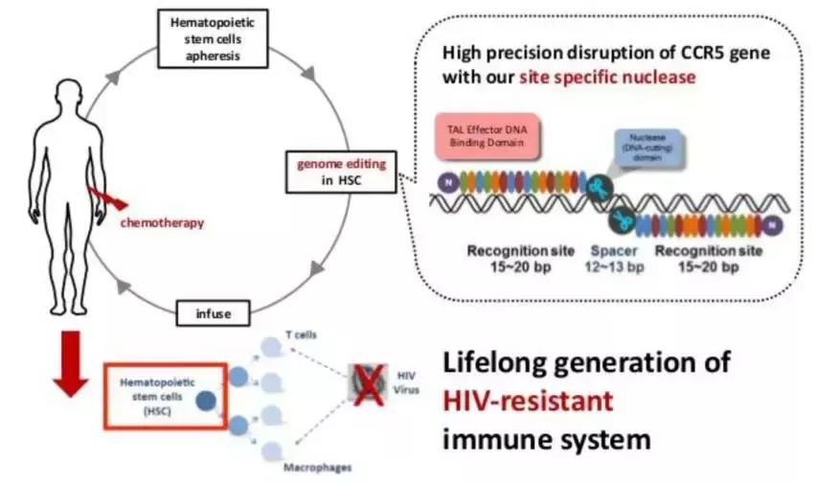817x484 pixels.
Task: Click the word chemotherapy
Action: (161, 222)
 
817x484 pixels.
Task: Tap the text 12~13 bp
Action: (614, 267)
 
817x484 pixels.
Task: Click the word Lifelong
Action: (505, 362)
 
